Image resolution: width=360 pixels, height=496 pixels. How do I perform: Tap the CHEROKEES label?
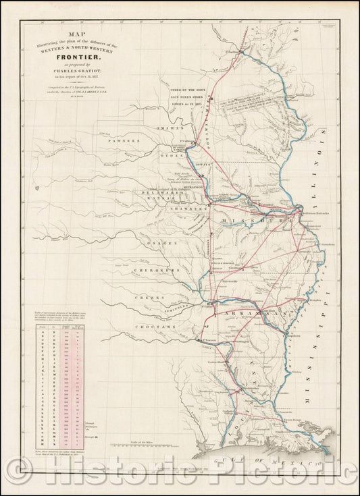pyautogui.click(x=155, y=270)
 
